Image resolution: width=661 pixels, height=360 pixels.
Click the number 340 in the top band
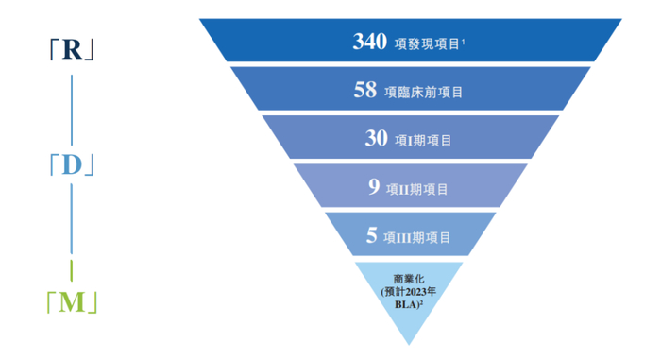[369, 42]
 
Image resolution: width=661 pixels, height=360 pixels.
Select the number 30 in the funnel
[376, 139]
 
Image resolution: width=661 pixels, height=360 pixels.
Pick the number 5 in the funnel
[372, 236]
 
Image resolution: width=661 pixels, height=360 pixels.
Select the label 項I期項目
[420, 141]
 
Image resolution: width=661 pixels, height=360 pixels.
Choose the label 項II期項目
[416, 189]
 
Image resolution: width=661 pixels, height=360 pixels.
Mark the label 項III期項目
[418, 237]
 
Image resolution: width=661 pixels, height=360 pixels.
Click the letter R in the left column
[73, 51]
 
